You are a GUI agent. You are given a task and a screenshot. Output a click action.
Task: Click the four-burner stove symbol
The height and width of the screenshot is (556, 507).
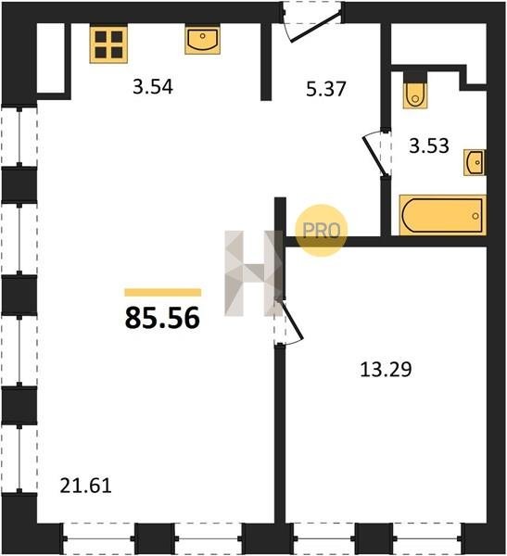click(108, 44)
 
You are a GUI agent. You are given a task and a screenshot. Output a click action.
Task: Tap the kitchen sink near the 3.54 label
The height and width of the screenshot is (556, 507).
click(203, 40)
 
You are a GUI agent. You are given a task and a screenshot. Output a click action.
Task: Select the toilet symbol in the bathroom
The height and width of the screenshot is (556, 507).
click(414, 91)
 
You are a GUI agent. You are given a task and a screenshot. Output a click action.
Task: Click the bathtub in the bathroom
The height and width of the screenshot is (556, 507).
click(442, 215)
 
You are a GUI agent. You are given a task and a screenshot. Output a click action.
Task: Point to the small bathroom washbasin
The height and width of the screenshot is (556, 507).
click(475, 163)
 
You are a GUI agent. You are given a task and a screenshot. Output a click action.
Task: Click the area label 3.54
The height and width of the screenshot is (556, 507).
click(153, 87)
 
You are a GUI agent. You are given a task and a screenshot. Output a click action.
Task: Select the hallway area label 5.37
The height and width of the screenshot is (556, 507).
click(325, 89)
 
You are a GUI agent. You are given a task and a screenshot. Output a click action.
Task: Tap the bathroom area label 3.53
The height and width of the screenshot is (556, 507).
click(429, 145)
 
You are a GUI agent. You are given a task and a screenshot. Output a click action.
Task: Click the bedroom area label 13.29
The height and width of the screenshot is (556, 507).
click(386, 369)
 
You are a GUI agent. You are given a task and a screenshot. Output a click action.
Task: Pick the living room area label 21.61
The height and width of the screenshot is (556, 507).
click(85, 486)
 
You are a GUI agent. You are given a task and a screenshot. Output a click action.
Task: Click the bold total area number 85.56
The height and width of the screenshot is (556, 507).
click(162, 318)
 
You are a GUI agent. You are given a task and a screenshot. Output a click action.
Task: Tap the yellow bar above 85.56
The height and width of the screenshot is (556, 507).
click(163, 292)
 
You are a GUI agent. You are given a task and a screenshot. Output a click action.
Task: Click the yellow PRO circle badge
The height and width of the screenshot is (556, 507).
click(322, 230)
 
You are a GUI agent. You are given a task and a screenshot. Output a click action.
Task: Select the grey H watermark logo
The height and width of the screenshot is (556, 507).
click(253, 273)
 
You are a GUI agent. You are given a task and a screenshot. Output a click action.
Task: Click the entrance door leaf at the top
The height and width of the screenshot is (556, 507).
click(316, 27)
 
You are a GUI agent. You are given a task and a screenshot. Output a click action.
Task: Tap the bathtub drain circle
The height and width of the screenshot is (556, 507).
click(475, 216)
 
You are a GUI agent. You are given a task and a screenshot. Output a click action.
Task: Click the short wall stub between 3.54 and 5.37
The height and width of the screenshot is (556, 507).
click(266, 62)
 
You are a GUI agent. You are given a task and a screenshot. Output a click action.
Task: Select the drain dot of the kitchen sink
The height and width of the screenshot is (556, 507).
click(203, 36)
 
